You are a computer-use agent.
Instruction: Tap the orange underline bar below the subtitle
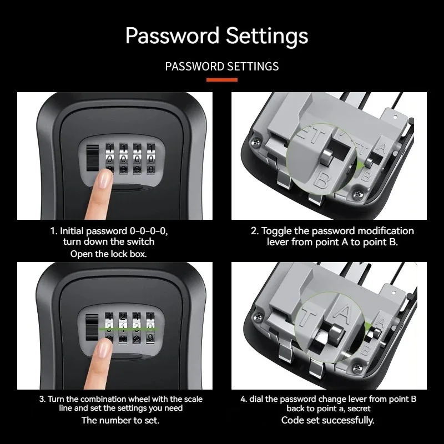(x=222, y=80)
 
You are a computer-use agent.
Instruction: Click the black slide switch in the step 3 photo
(x=92, y=327)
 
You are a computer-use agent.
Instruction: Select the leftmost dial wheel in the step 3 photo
(x=110, y=327)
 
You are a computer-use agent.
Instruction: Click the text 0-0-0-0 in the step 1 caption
(x=161, y=230)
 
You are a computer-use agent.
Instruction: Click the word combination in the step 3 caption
(x=104, y=399)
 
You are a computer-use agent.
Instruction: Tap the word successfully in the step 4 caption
(x=349, y=420)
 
